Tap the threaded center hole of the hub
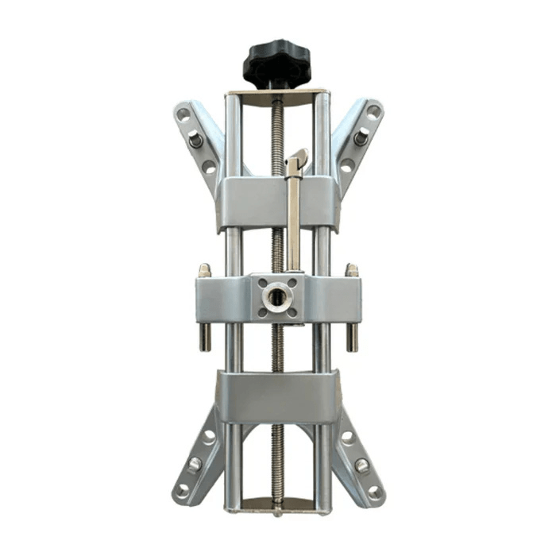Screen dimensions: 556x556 click(278, 297)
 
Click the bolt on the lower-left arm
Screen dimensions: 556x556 click(195, 464)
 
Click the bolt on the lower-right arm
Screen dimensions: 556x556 click(361, 465)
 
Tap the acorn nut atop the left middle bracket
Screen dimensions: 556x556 click(204, 270)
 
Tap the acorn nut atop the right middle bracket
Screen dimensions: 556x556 click(351, 270)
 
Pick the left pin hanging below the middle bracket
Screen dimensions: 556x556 click(204, 336)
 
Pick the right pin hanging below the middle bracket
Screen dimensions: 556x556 click(352, 336)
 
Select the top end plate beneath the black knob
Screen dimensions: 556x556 click(277, 95)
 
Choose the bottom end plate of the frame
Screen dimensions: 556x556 click(277, 505)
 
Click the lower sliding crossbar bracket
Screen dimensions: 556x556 click(277, 396)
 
